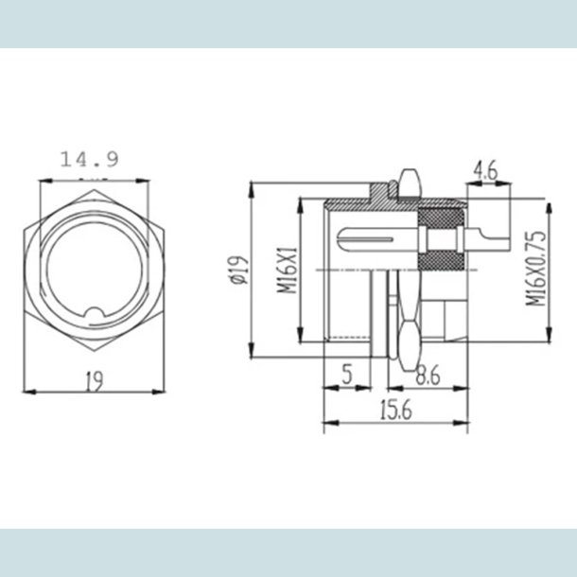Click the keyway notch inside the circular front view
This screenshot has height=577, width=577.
[x=94, y=316]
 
